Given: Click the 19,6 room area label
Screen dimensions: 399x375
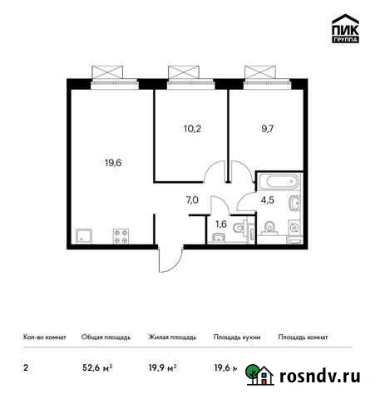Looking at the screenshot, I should point(113,164).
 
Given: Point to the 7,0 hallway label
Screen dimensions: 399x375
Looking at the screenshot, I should point(192,199).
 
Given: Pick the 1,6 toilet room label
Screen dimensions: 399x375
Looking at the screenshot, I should point(220,224).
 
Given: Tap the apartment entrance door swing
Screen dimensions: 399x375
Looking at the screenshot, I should point(169,259).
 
